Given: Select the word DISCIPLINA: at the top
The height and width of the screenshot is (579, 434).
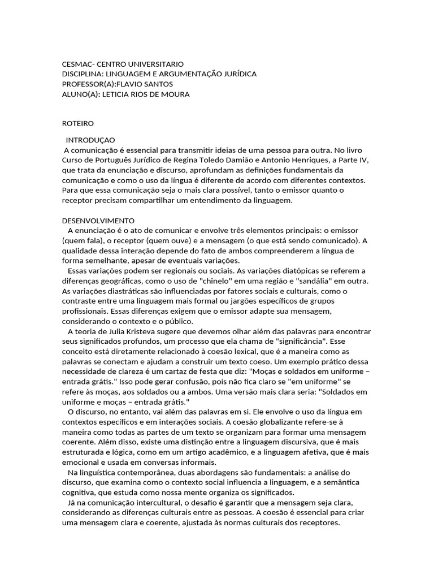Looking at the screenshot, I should (x=81, y=74).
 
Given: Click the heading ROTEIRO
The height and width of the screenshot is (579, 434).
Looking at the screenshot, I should (x=77, y=123).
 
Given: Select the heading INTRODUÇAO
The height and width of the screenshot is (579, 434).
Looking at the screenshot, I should (x=90, y=140).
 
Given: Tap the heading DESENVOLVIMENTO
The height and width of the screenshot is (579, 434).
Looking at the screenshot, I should (x=98, y=221).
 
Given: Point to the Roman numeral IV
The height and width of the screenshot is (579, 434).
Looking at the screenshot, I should (x=361, y=159).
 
